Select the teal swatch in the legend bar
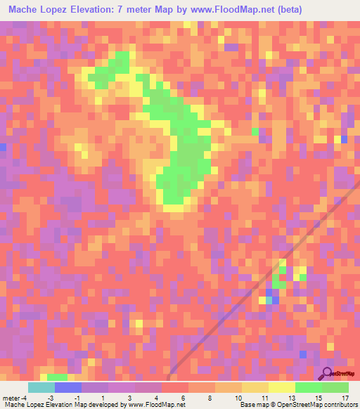tap(41, 387)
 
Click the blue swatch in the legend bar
tap(68, 387)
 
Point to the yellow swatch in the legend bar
tap(282, 387)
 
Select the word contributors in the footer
tap(340, 404)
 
